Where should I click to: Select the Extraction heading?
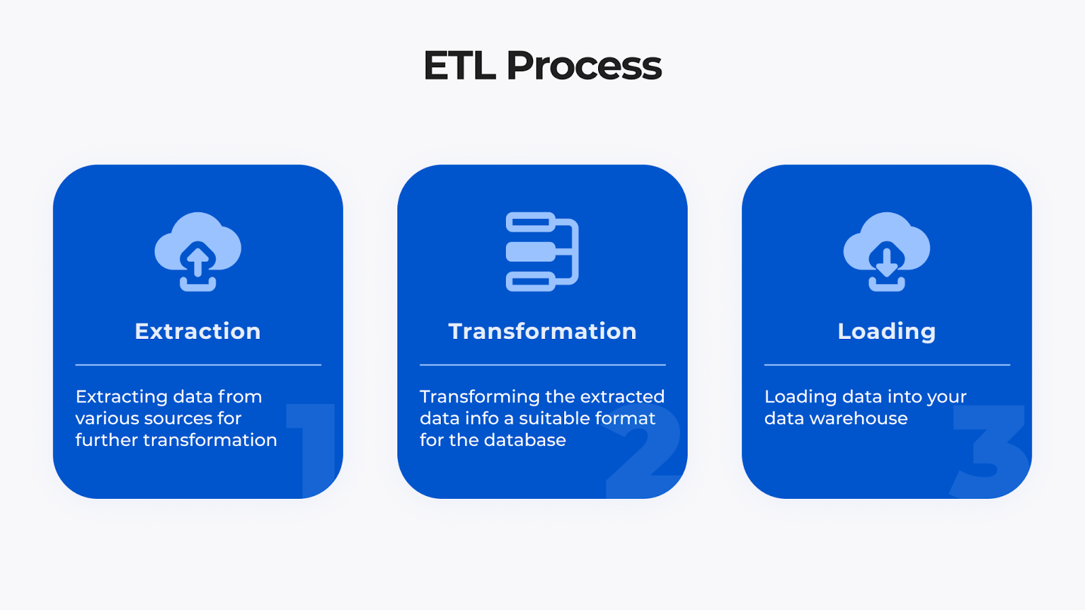coord(197,331)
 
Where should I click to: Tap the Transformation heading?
coord(542,331)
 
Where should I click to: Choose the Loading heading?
coord(886,331)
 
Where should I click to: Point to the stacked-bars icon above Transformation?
coord(542,251)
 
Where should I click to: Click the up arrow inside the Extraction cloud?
coord(198,260)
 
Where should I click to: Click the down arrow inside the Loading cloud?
coord(886,262)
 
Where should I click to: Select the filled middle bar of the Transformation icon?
coord(531,251)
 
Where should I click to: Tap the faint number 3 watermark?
coord(990,451)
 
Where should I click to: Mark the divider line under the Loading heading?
coord(886,365)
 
